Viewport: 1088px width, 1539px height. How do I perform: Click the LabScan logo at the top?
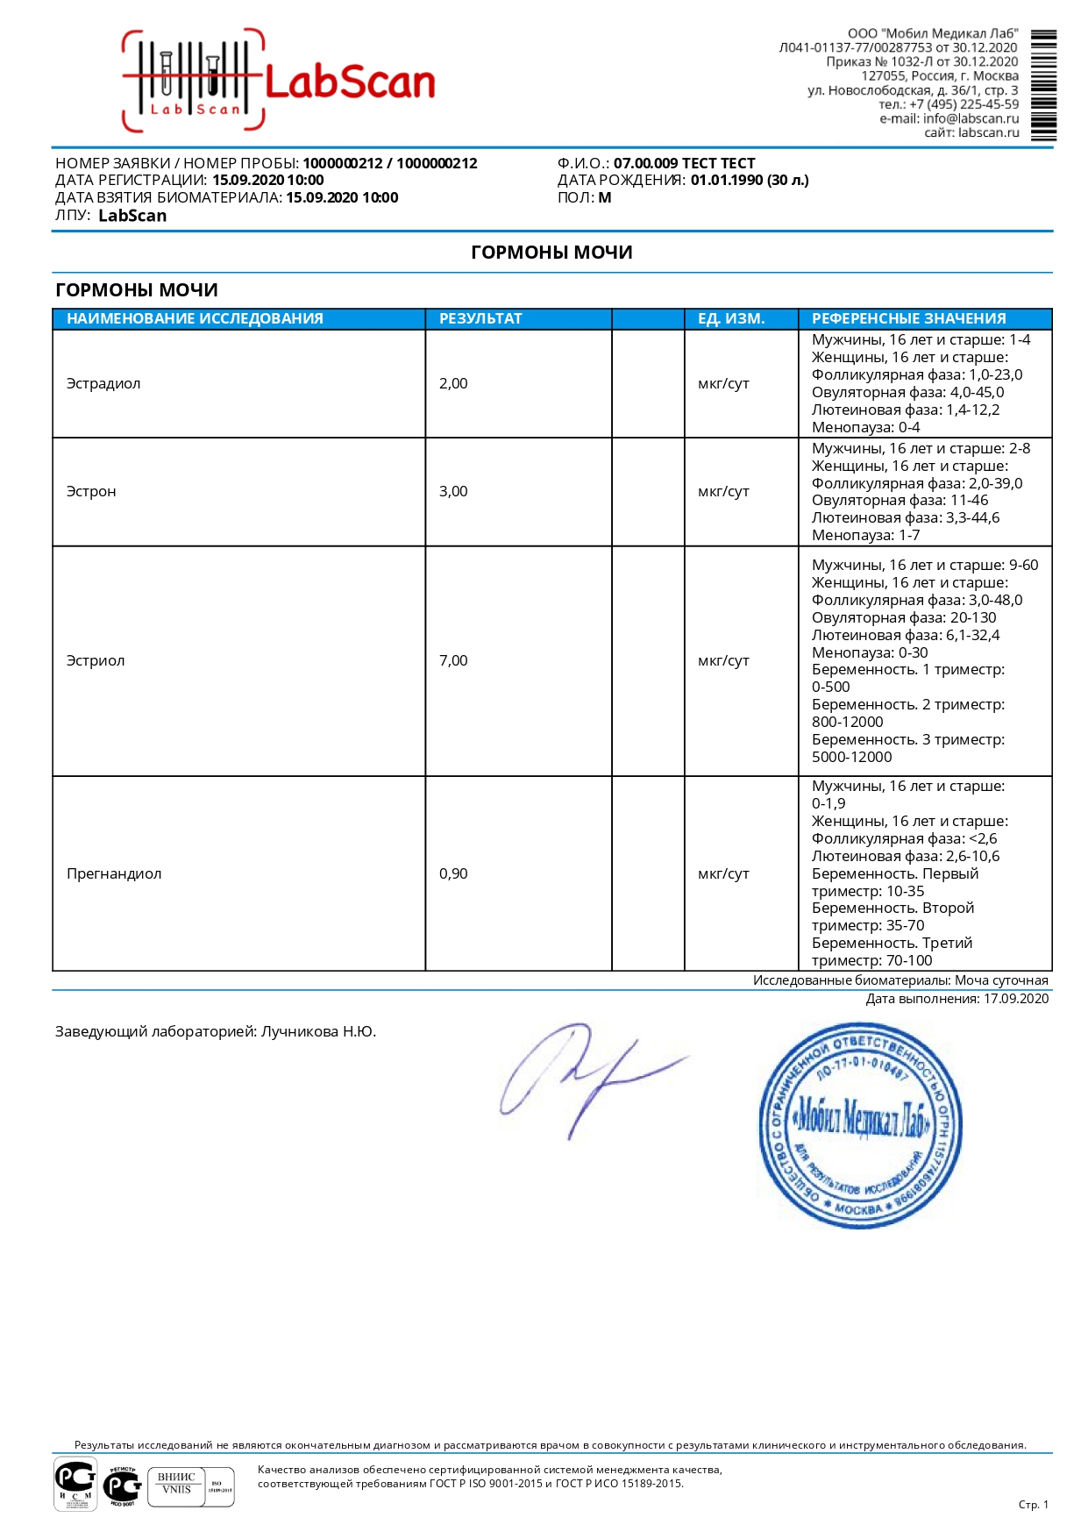[x=279, y=82]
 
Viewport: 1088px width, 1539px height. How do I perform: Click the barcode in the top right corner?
[x=1043, y=85]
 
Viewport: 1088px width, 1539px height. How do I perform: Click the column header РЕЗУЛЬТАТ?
[x=480, y=318]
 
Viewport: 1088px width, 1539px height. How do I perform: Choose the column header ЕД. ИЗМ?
[x=731, y=318]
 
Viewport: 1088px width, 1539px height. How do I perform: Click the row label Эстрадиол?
[x=103, y=384]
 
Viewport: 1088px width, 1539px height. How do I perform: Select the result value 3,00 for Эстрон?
[x=453, y=492]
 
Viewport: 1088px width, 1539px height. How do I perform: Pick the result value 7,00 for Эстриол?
[x=453, y=661]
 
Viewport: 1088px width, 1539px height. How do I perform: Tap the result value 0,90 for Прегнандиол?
[x=453, y=874]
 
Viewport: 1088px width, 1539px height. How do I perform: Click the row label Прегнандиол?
[x=114, y=874]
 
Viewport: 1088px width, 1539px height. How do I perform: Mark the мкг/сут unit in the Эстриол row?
[x=723, y=661]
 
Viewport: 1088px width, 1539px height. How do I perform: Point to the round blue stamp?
[x=859, y=1125]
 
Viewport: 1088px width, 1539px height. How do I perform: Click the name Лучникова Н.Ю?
[x=318, y=1032]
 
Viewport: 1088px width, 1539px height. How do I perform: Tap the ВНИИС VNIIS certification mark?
[x=176, y=1486]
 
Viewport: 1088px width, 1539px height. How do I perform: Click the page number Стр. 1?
[x=1033, y=1505]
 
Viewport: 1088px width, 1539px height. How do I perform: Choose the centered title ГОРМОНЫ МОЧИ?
[x=551, y=253]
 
